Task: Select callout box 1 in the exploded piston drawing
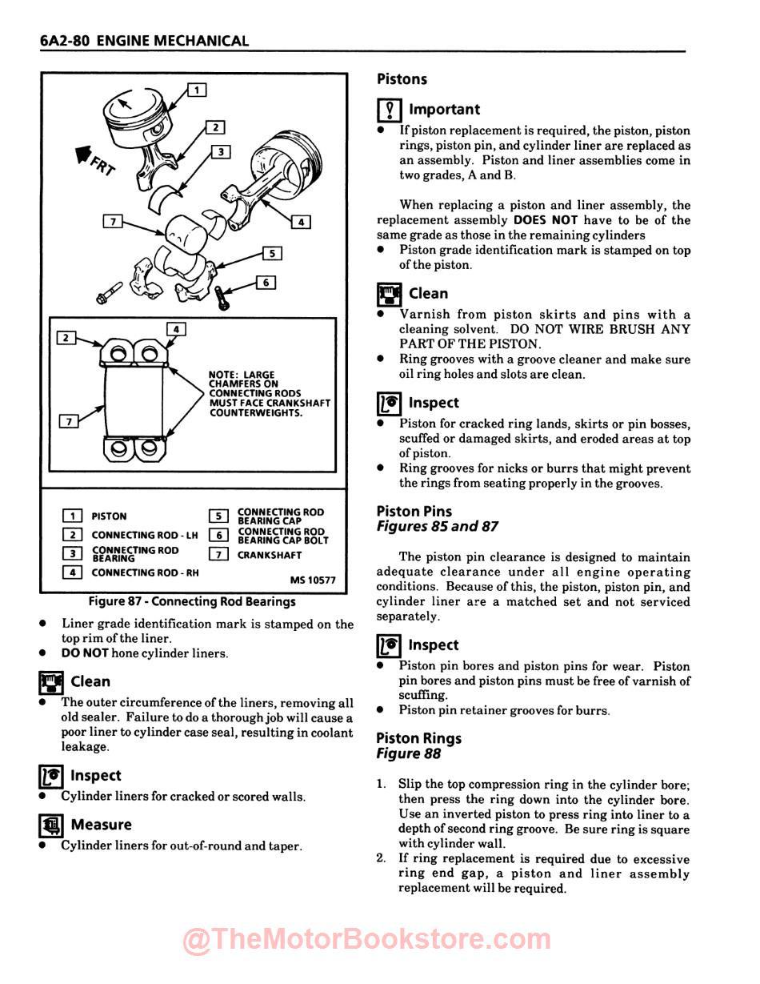coord(197,90)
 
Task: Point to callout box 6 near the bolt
coord(266,283)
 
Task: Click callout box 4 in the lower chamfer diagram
coord(175,329)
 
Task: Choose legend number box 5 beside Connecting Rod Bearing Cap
coord(218,516)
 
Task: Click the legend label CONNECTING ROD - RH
coord(145,573)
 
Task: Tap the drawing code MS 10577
coord(313,580)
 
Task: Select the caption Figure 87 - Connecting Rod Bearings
coord(192,601)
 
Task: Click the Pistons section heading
coord(402,79)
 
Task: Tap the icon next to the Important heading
coord(389,110)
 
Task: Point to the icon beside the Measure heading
coord(51,825)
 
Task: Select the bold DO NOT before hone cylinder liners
coord(85,653)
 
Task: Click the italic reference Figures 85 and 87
coord(438,527)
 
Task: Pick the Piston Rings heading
coord(418,738)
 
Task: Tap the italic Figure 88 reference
coord(408,753)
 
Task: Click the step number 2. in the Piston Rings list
coord(382,859)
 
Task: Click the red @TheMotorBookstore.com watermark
coord(367,941)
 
